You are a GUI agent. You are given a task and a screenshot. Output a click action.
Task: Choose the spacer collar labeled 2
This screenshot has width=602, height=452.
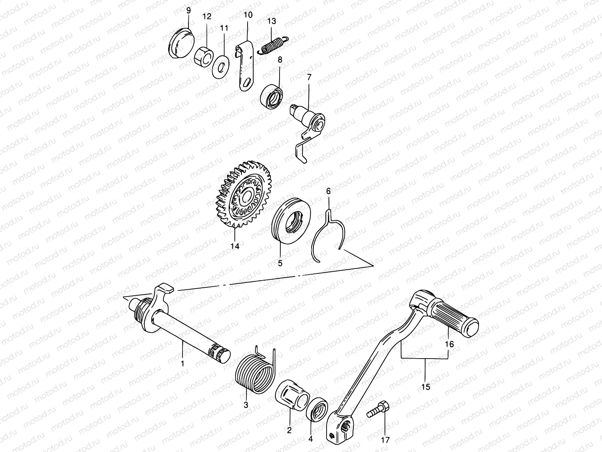tap(292, 399)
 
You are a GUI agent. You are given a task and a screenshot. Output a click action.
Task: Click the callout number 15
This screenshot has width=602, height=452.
tap(426, 386)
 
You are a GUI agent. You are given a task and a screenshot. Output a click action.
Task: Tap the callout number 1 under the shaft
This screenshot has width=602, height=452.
tap(182, 363)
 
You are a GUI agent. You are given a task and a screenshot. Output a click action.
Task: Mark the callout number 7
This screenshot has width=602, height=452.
tap(309, 77)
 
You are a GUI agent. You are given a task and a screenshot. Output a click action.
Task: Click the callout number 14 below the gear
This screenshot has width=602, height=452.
tap(235, 246)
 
